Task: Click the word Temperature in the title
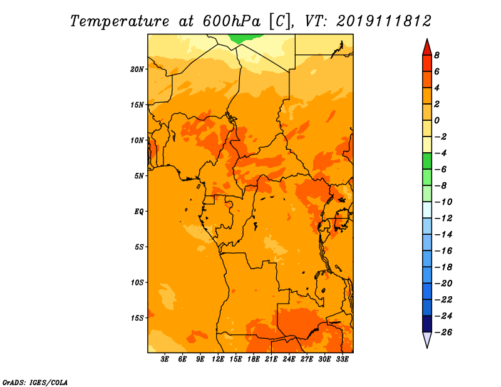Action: tap(120, 21)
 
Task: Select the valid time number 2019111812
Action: tap(384, 21)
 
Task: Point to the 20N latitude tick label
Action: tap(137, 70)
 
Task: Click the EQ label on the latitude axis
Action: tap(139, 212)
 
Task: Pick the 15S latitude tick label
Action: tap(137, 318)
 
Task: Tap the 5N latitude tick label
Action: tap(139, 176)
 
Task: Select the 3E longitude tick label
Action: tap(165, 359)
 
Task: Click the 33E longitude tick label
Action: tap(342, 359)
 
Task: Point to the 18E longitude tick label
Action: tap(254, 359)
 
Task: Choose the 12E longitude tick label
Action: tap(218, 359)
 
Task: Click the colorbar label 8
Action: tap(436, 55)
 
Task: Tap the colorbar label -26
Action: tap(443, 333)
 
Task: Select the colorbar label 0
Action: tap(436, 120)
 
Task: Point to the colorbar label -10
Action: tap(443, 202)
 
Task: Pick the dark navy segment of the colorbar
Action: tap(427, 324)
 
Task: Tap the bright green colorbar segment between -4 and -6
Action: tap(427, 161)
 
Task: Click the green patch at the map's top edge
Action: tap(245, 38)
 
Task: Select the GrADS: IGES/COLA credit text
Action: tap(35, 383)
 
